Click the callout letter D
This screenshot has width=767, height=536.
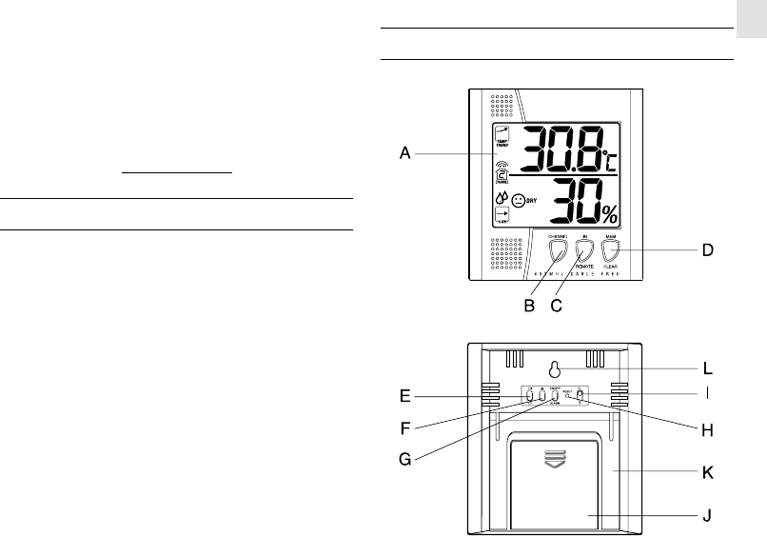pyautogui.click(x=707, y=250)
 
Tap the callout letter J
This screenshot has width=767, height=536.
pyautogui.click(x=707, y=517)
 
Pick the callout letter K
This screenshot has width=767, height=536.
pyautogui.click(x=707, y=471)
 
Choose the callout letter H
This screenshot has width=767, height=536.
pyautogui.click(x=707, y=430)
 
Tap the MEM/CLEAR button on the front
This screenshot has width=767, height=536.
pyautogui.click(x=610, y=250)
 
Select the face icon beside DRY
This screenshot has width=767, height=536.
pyautogui.click(x=520, y=201)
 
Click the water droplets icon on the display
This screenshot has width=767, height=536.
pyautogui.click(x=501, y=198)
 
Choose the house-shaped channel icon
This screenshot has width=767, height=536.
pyautogui.click(x=501, y=169)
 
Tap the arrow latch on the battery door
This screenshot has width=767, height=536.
pyautogui.click(x=554, y=459)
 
